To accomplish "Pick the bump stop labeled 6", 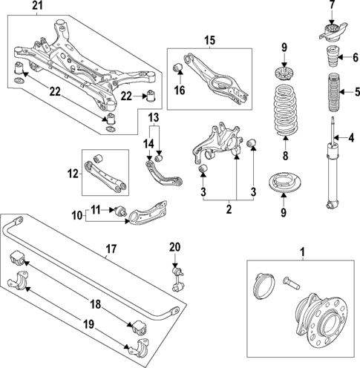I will (x=330, y=56).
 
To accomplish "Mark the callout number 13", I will (x=154, y=118).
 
